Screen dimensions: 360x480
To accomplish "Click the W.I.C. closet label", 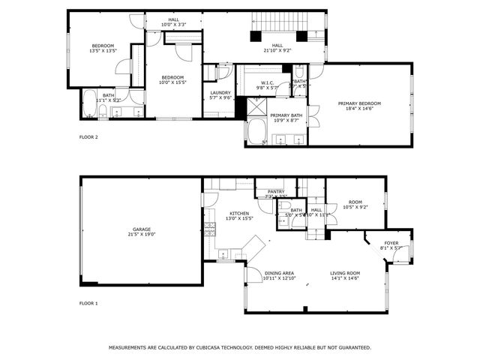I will point(268,83).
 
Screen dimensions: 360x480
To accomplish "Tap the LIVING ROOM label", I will point(345,273).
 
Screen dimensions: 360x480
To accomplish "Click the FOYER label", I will point(391,243).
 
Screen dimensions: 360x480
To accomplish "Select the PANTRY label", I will point(276,191).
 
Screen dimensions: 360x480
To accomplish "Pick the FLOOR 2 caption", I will point(88,137).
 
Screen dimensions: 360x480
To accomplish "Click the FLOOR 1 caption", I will point(88,304).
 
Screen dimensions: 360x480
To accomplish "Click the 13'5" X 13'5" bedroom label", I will point(103,51).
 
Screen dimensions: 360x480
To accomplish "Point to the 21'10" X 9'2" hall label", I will point(278,50).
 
